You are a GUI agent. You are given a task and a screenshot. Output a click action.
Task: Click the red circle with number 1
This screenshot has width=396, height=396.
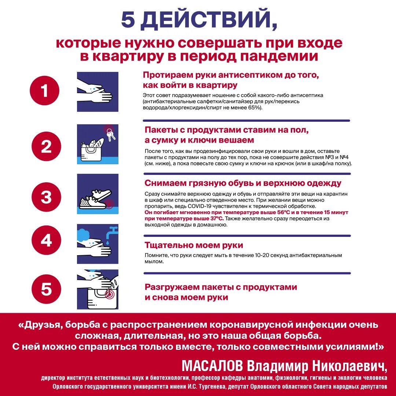(x=45, y=91)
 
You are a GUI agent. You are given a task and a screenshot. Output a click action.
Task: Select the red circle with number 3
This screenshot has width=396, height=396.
(x=46, y=197)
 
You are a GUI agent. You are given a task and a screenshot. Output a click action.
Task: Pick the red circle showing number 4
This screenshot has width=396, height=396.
(x=46, y=241)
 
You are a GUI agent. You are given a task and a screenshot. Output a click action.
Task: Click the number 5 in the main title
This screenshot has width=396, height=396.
(x=128, y=20)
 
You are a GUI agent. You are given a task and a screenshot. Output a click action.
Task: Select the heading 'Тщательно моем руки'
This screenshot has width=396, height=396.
(x=194, y=245)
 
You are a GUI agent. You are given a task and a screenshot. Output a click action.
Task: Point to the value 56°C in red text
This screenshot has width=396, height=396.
(x=286, y=212)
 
